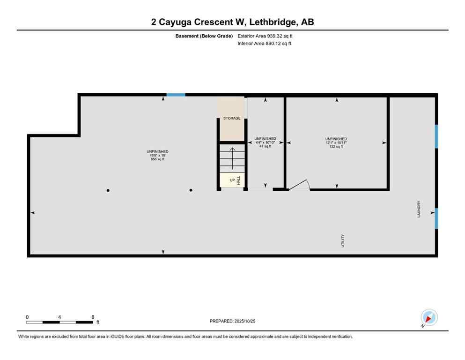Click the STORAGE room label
(232, 118)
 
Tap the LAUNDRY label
(419, 209)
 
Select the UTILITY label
(343, 241)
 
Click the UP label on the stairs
(232, 180)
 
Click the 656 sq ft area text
(157, 159)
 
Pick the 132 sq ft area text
(336, 147)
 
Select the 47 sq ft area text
(265, 146)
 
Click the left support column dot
(108, 190)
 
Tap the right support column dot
(191, 190)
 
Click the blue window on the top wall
(176, 95)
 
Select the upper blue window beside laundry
(436, 136)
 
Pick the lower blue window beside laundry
(436, 218)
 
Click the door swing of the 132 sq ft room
(299, 186)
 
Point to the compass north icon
(429, 317)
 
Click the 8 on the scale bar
(93, 317)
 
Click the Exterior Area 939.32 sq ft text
(266, 36)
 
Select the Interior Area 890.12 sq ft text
(265, 44)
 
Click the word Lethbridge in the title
(275, 22)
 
